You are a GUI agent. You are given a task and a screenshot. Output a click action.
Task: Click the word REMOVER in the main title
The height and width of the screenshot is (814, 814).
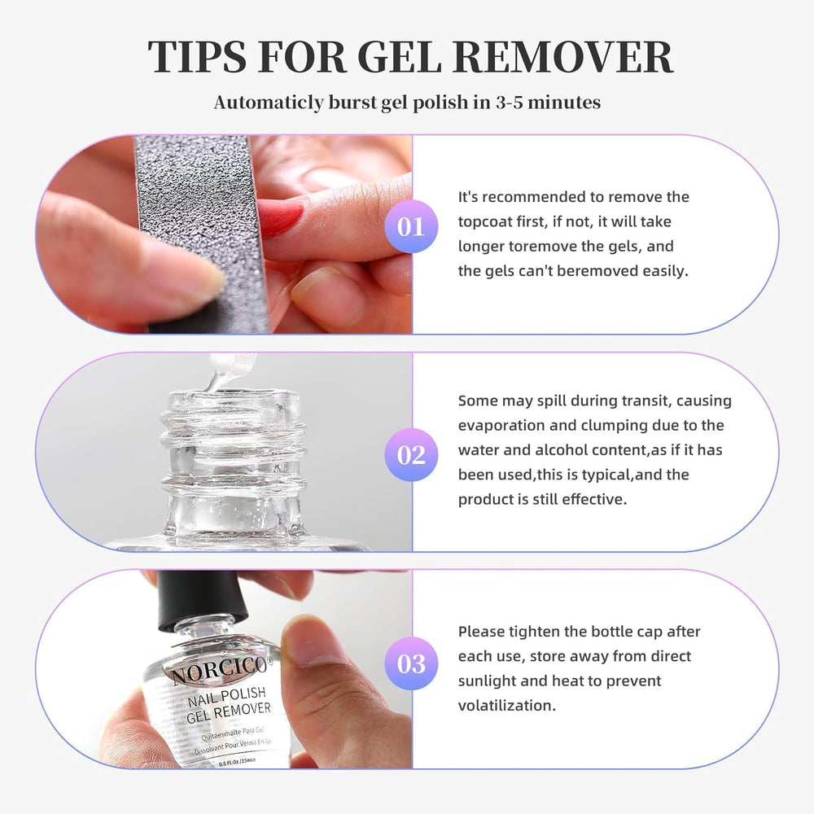pos(562,56)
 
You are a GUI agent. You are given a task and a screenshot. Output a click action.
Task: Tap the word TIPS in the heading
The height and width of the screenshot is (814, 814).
pos(197,56)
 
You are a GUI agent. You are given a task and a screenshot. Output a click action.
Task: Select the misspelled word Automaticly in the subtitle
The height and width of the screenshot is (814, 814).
pos(269,103)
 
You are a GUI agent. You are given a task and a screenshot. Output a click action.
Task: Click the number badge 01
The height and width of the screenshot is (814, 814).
pos(411,227)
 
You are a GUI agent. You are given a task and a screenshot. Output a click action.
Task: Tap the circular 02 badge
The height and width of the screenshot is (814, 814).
pos(411,455)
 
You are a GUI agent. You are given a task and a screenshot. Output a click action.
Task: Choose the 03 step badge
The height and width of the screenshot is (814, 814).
pos(411,663)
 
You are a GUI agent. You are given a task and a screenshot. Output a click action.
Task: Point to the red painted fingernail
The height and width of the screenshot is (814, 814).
pos(278,217)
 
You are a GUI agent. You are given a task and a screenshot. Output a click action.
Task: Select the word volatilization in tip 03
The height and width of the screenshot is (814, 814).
pos(506,705)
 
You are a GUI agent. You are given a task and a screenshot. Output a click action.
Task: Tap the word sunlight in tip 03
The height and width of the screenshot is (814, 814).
pos(487,681)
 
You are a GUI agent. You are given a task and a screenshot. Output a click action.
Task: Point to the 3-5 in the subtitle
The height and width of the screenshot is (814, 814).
pos(509,103)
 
